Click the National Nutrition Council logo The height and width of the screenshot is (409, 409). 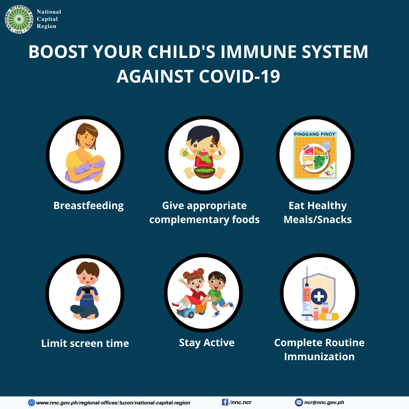pyautogui.click(x=19, y=19)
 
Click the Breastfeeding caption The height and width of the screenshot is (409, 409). pyautogui.click(x=89, y=206)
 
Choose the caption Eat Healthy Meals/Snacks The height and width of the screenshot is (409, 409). pyautogui.click(x=317, y=212)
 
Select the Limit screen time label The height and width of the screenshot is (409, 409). pyautogui.click(x=85, y=343)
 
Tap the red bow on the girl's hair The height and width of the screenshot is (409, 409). pyautogui.click(x=196, y=271)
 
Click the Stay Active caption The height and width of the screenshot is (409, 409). pyautogui.click(x=207, y=343)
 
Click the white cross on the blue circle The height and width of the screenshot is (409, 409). pyautogui.click(x=320, y=296)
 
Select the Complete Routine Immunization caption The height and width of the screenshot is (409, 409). pyautogui.click(x=319, y=350)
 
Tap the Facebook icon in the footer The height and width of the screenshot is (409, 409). pyautogui.click(x=225, y=402)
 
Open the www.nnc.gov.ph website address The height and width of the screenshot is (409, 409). pyautogui.click(x=113, y=403)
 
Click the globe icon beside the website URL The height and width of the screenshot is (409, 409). pyautogui.click(x=31, y=403)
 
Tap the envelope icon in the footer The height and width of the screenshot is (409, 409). pyautogui.click(x=299, y=403)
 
